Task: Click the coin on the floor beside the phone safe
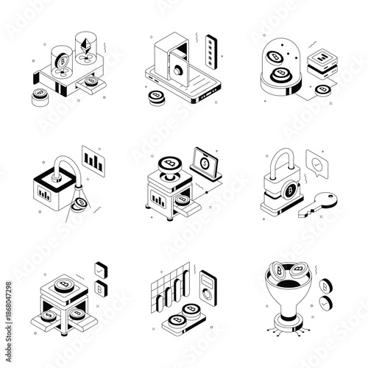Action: point(155,96)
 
